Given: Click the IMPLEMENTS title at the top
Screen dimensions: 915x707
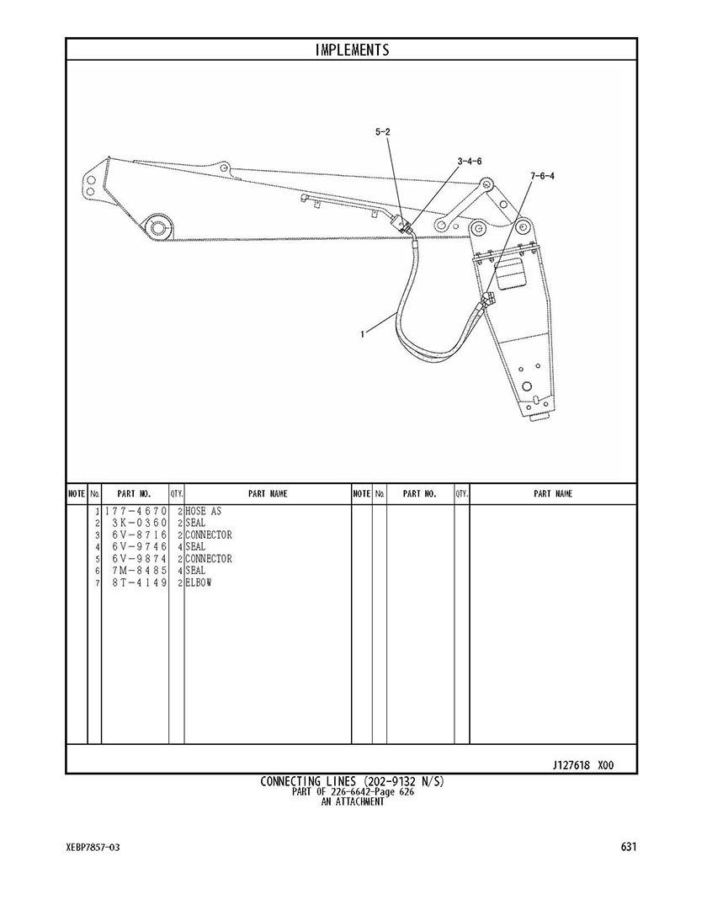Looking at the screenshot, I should tap(353, 50).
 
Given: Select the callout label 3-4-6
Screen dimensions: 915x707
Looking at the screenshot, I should tap(469, 161).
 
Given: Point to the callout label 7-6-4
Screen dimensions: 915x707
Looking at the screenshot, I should tap(542, 176).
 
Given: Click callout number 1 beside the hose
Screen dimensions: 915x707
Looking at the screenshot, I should tap(362, 334).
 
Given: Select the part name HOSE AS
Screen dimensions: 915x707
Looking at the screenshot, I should tap(204, 512).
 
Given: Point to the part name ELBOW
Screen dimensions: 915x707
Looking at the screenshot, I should tap(199, 583).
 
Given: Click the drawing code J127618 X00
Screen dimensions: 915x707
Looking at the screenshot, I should tap(582, 766).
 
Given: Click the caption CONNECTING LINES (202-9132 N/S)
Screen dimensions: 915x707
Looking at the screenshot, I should tap(352, 782).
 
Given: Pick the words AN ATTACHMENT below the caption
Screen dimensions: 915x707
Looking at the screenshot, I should tap(353, 802).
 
